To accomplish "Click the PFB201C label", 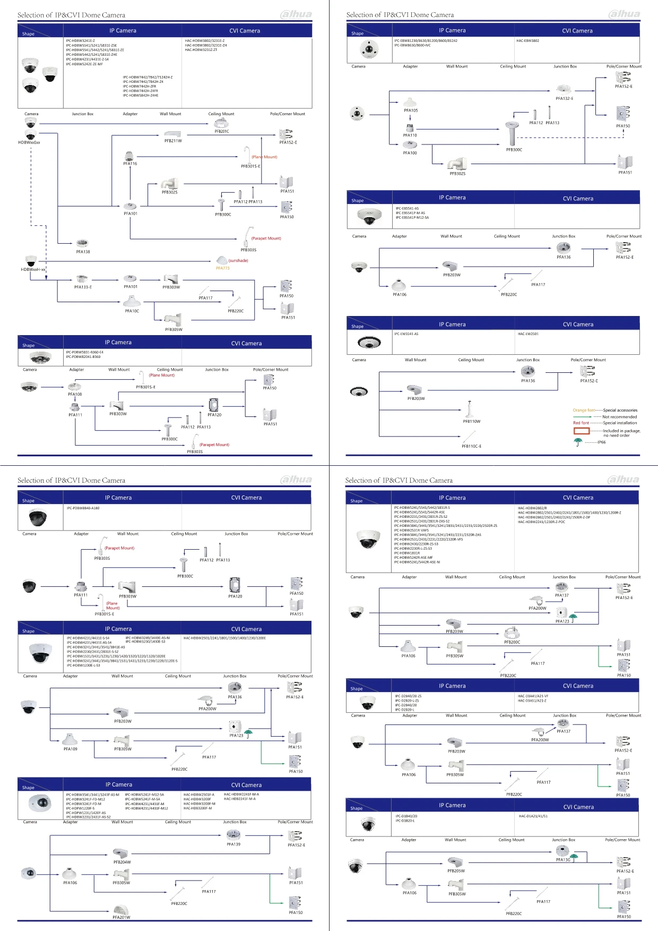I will [x=222, y=131].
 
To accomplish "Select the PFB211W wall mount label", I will [x=173, y=141].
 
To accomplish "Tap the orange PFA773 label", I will [x=222, y=268].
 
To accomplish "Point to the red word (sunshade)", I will [x=238, y=261].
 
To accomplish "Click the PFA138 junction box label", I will [x=83, y=252].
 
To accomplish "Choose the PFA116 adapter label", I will [x=130, y=164].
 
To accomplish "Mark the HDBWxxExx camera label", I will [x=29, y=142].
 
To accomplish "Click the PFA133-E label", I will [x=83, y=287].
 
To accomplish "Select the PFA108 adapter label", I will [x=75, y=394].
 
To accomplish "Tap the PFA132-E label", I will [x=564, y=98].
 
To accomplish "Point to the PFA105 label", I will [x=411, y=110].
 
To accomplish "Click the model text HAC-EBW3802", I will [x=527, y=41].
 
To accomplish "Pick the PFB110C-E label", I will [x=471, y=446].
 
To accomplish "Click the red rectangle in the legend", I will [x=582, y=431].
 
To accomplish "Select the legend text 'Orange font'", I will [x=584, y=410].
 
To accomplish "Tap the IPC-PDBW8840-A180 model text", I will [x=83, y=508].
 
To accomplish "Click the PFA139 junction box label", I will [x=233, y=844].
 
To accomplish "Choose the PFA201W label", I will [x=121, y=917].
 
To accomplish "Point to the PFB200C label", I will [x=512, y=642].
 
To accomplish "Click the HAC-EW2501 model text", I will [x=528, y=334].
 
